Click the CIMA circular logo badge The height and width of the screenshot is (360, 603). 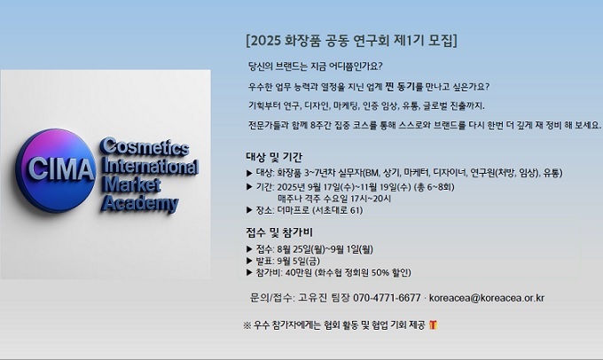click(56, 170)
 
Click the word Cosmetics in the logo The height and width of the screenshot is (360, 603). click(145, 146)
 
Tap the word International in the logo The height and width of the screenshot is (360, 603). click(150, 166)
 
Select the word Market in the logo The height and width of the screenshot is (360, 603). click(131, 184)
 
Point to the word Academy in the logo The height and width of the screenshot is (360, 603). click(139, 203)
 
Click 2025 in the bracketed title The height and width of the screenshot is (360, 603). click(265, 41)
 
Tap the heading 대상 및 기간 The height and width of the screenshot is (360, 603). click(274, 157)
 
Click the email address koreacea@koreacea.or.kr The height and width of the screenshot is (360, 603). click(487, 298)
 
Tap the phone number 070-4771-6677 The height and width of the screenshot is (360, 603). click(387, 298)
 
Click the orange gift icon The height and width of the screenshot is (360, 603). click(433, 325)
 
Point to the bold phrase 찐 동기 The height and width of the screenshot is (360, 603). click(400, 87)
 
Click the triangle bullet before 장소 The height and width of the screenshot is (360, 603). click(249, 210)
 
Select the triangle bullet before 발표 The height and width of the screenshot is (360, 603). click(249, 262)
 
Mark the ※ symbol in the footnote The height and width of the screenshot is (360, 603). click(247, 325)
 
